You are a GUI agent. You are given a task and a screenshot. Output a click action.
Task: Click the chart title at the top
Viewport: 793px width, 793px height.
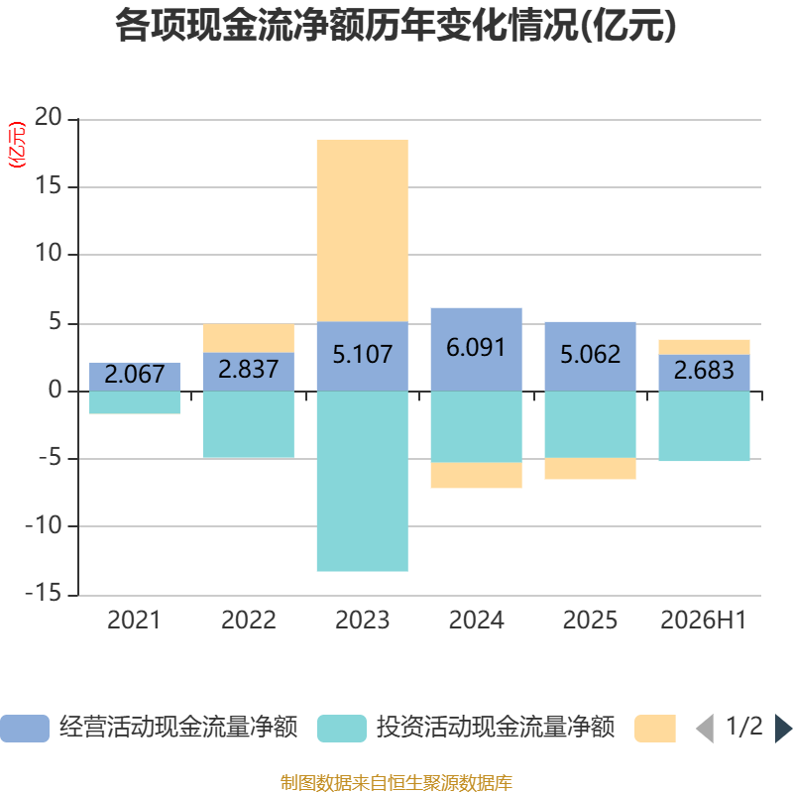click(396, 26)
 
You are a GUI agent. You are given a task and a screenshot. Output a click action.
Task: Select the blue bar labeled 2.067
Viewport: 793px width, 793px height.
click(135, 377)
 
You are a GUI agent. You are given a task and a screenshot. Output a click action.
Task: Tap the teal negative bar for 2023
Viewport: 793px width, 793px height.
click(363, 481)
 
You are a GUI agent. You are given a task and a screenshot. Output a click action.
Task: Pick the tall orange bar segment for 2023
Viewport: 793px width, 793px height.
click(363, 231)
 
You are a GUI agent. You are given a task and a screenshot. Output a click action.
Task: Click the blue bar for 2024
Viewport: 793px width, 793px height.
click(477, 350)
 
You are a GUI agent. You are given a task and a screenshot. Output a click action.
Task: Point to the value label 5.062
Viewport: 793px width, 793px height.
click(590, 354)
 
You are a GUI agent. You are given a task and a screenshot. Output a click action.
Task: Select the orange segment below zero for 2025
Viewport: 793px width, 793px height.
click(590, 468)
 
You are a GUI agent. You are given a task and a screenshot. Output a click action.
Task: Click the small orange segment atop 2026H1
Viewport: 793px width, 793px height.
click(704, 348)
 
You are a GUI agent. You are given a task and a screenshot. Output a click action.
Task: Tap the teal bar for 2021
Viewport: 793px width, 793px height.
click(135, 402)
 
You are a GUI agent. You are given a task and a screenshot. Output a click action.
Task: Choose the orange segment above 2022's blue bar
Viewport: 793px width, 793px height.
click(249, 338)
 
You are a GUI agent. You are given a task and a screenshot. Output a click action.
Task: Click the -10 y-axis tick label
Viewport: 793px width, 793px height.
click(44, 525)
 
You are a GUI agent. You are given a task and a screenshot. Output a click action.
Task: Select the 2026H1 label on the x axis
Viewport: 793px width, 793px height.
click(704, 621)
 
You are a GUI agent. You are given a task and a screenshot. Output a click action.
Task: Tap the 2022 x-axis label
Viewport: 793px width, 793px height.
click(249, 621)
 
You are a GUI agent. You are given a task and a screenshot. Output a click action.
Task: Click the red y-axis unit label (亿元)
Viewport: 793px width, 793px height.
click(17, 145)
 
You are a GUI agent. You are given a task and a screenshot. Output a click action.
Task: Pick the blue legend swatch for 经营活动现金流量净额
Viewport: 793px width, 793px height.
click(25, 729)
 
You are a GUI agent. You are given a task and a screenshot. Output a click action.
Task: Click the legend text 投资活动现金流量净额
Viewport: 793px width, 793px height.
click(496, 728)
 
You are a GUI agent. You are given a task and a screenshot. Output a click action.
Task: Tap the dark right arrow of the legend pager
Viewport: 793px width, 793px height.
click(784, 729)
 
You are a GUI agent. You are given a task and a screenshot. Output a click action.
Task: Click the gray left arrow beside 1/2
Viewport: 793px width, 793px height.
click(705, 729)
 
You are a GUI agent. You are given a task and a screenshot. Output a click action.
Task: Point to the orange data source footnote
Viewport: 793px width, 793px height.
click(396, 782)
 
